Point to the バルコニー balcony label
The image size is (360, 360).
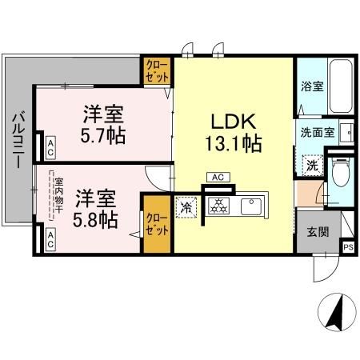(16, 141)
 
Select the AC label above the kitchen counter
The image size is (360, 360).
(217, 177)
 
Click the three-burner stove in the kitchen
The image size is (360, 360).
(216, 206)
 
